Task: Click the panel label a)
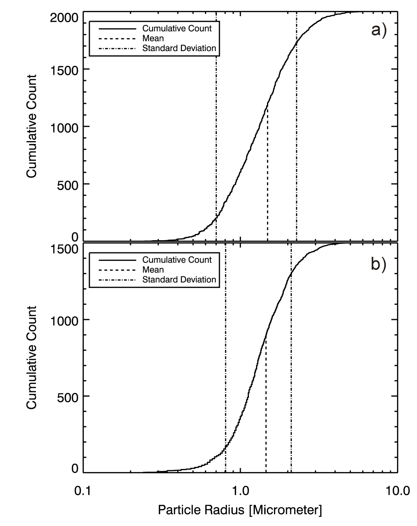click(379, 31)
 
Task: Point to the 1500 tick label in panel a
click(64, 71)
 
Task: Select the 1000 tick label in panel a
click(64, 128)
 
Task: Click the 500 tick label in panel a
click(68, 185)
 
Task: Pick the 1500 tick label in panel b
click(64, 249)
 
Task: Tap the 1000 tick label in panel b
click(64, 321)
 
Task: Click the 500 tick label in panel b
click(68, 397)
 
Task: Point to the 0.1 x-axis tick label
click(83, 491)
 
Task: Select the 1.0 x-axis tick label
click(241, 491)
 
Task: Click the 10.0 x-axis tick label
click(398, 491)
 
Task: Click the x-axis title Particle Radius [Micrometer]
click(240, 510)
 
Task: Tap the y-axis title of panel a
click(31, 126)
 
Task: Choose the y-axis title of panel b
click(31, 358)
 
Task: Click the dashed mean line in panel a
click(268, 174)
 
